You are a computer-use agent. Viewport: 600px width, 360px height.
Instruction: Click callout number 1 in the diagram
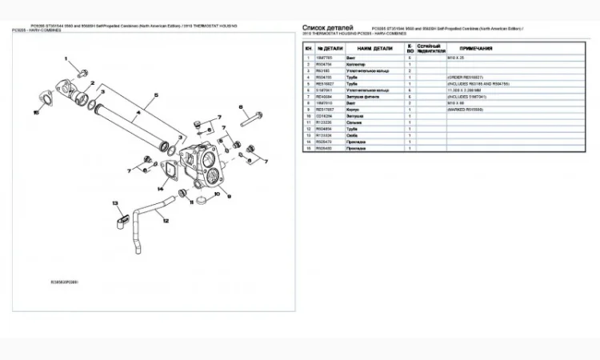pos(67,62)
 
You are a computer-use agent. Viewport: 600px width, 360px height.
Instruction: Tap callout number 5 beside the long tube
pos(155,94)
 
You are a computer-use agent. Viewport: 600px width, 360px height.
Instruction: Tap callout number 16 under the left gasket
pos(35,113)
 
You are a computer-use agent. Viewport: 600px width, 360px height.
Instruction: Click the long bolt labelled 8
pos(250,121)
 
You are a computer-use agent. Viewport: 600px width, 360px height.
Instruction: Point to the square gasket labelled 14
pos(171,175)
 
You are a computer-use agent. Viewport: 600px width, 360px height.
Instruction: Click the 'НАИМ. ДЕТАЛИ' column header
pos(374,49)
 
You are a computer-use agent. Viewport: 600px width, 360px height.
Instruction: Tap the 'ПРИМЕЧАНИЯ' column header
pos(475,49)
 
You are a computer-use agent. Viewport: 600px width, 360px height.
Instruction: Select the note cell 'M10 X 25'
pos(457,58)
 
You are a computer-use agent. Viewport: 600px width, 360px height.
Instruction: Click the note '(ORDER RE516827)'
pos(469,78)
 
